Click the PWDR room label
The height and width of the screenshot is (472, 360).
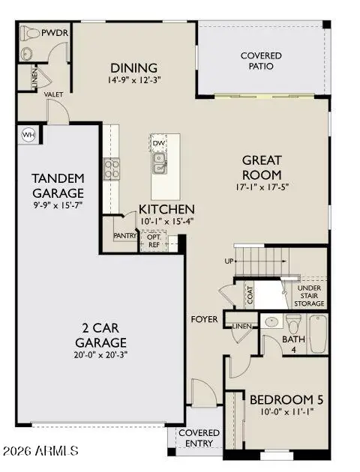click(55, 33)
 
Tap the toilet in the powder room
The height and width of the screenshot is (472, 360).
click(31, 33)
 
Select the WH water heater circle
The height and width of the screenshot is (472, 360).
click(29, 135)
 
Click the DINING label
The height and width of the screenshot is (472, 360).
click(133, 67)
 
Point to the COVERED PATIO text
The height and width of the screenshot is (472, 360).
click(261, 61)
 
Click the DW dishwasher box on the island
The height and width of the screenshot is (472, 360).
click(158, 142)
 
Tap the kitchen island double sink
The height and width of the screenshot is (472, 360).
click(159, 162)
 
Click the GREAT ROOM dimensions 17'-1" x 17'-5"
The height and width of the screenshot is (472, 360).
click(261, 188)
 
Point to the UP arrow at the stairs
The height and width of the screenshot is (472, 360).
click(229, 261)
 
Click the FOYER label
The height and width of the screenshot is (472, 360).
click(204, 319)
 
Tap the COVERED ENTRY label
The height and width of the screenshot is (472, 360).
click(199, 438)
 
